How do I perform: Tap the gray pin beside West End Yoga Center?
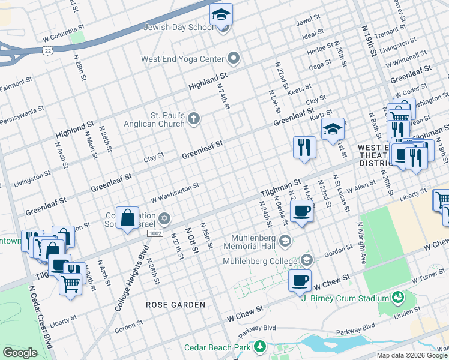(x=234, y=59)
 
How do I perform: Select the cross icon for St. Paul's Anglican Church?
(x=193, y=118)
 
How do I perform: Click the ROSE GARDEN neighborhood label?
(x=176, y=305)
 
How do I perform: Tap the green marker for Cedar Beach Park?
(x=259, y=346)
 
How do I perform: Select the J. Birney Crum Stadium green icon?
(x=397, y=297)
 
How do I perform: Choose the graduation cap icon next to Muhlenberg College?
(x=307, y=260)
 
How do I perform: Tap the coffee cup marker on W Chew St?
(x=300, y=280)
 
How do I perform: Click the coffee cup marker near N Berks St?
(x=301, y=211)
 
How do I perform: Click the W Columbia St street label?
(x=62, y=30)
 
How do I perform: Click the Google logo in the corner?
(x=20, y=353)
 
